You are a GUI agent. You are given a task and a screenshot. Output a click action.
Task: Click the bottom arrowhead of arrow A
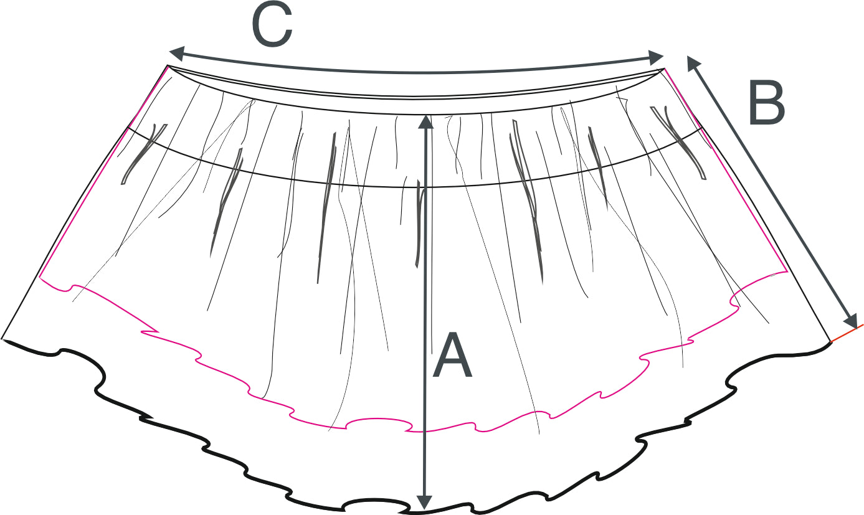click(424, 502)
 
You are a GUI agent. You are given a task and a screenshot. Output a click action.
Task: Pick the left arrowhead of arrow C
click(176, 52)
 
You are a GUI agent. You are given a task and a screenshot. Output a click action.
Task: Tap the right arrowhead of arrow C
click(657, 58)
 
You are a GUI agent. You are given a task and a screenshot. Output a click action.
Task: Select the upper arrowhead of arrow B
click(693, 62)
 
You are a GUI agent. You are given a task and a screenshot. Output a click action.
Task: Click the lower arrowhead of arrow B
click(851, 321)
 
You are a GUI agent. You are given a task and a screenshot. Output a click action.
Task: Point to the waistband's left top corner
click(168, 65)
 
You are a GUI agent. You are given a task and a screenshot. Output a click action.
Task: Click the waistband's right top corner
click(665, 69)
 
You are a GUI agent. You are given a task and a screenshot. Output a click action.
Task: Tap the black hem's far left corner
click(2, 339)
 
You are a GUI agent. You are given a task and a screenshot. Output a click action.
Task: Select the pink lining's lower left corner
click(40, 277)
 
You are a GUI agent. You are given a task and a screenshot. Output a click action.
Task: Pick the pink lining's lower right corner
click(787, 272)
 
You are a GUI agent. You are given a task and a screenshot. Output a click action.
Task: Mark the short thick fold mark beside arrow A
click(419, 224)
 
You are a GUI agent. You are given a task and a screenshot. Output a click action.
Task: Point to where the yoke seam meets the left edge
click(128, 128)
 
